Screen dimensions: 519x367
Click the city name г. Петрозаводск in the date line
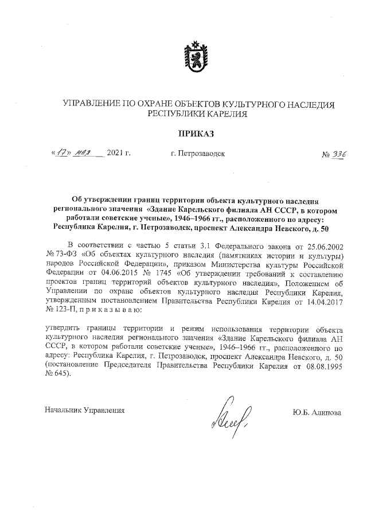(198, 154)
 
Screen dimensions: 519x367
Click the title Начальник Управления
(84, 410)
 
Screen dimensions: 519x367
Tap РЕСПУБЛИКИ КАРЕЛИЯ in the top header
(198, 114)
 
